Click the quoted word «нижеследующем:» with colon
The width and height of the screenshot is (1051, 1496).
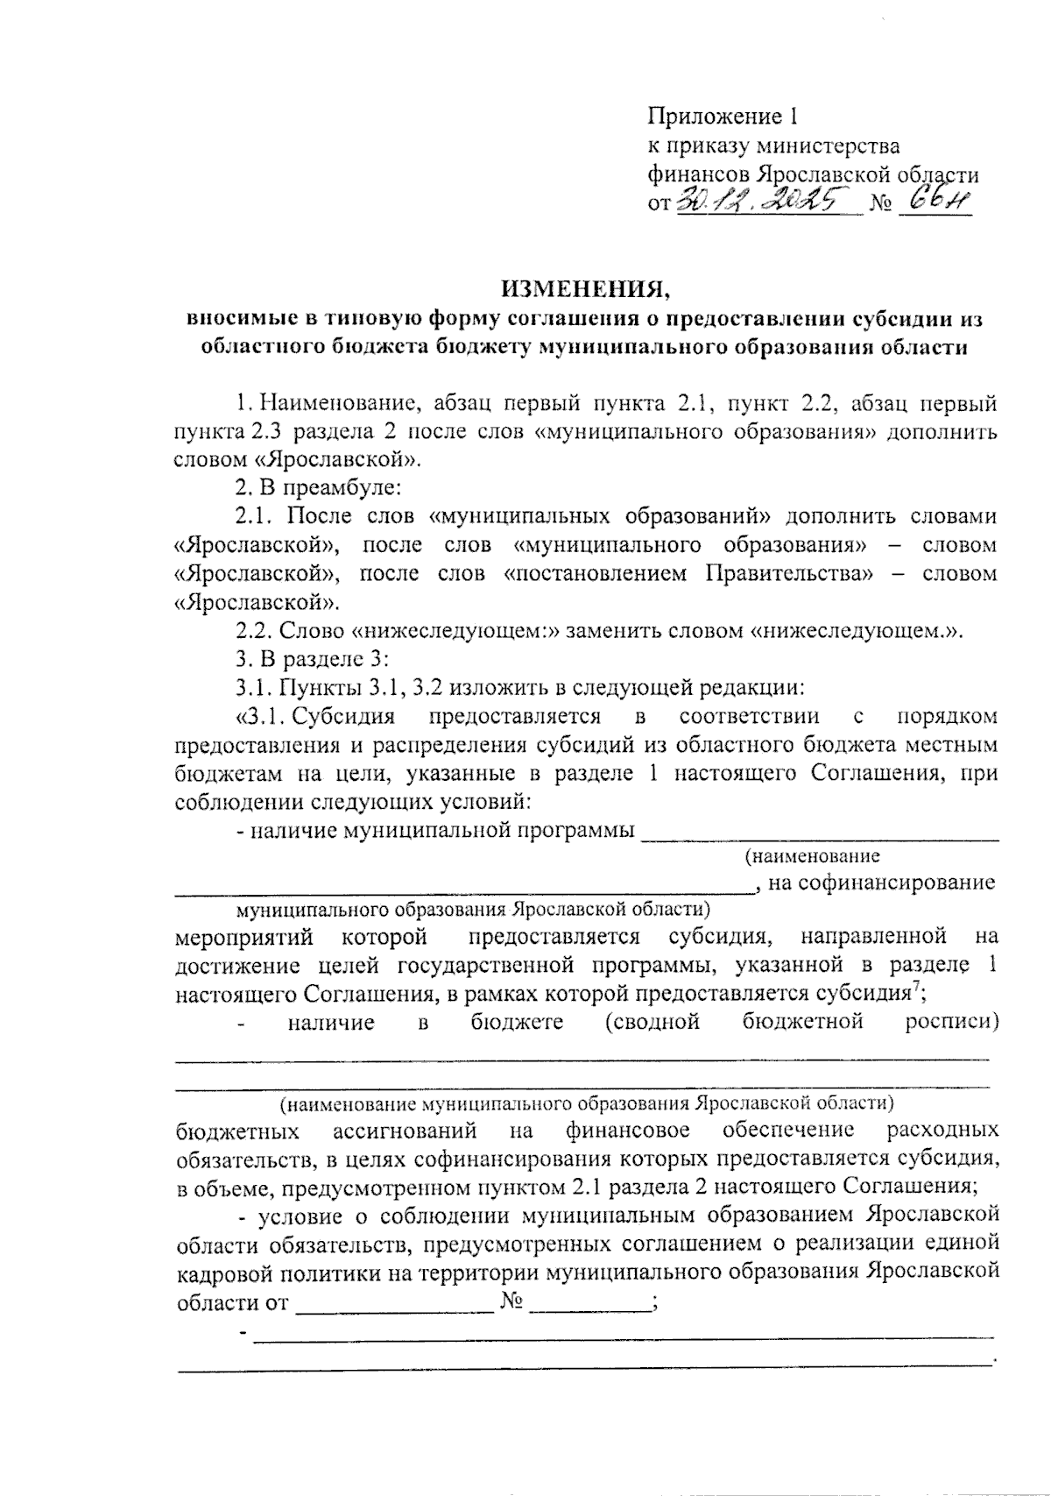pos(455,630)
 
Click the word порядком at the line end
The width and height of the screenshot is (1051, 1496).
pos(947,716)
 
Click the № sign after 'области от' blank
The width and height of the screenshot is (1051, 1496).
pos(512,1301)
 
